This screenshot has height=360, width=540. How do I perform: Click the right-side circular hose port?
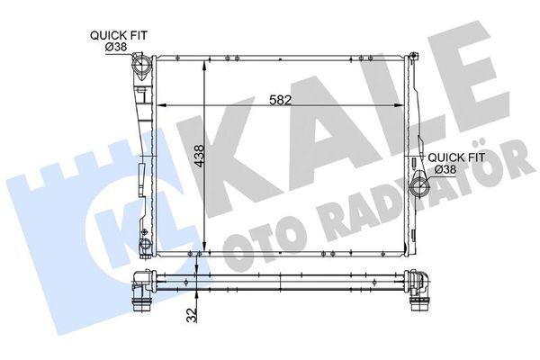[418, 187]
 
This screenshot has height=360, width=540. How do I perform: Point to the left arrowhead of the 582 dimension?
[161, 106]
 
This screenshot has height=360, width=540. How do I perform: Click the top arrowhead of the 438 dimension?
[207, 66]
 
